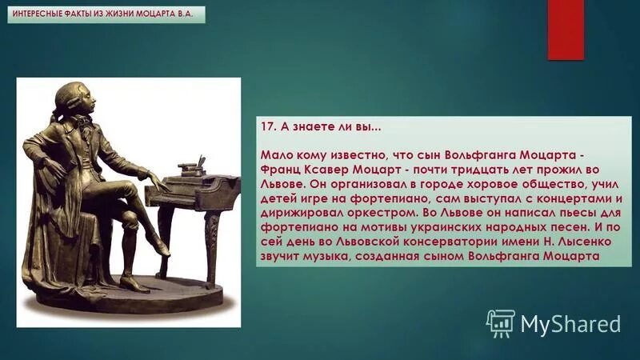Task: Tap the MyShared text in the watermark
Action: click(570, 323)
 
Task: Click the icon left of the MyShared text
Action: click(500, 322)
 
